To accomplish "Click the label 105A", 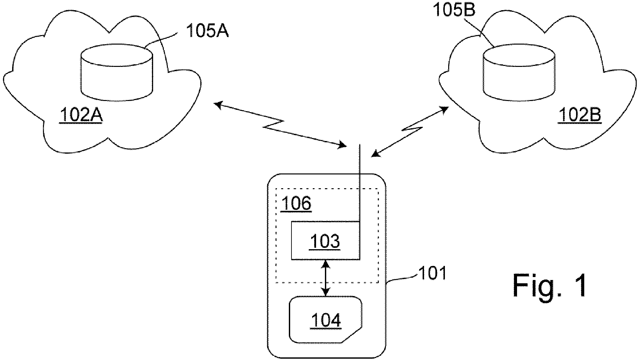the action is point(207,32).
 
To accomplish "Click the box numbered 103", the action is point(325,240).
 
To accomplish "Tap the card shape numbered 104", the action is point(326,320).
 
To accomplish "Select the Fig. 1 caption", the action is point(550,286).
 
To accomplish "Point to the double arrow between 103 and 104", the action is point(325,278).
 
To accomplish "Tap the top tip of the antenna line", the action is point(360,144).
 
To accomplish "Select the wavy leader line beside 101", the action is point(401,279).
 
